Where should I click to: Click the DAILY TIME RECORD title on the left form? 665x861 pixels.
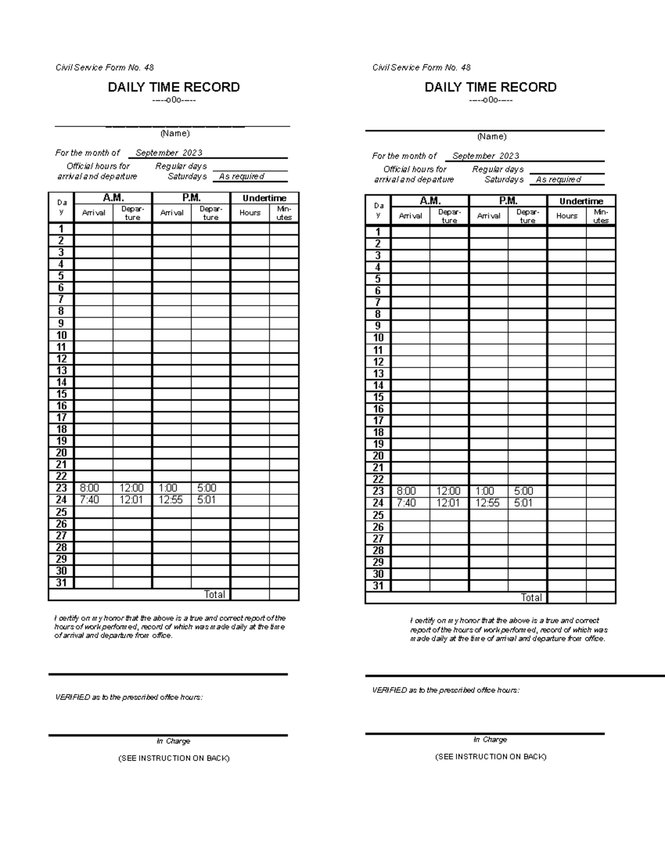click(173, 87)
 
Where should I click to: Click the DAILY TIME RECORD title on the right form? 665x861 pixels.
click(490, 87)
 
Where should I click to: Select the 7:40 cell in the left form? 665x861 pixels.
click(89, 500)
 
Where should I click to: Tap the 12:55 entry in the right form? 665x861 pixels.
click(487, 503)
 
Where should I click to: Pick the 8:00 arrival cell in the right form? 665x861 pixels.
click(406, 491)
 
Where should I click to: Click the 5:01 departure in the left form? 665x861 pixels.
click(207, 500)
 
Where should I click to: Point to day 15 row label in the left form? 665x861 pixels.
click(61, 394)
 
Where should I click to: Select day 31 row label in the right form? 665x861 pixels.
click(378, 586)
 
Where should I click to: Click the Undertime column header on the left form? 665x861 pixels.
click(264, 198)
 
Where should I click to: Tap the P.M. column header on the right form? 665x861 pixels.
click(508, 201)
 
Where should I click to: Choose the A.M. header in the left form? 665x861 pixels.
click(113, 198)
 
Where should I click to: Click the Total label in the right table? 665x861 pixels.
click(531, 598)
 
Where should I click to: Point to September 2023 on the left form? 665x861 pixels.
click(169, 153)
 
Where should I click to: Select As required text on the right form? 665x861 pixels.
click(558, 180)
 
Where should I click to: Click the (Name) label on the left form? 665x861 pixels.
click(175, 134)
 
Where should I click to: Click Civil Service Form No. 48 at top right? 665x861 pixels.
click(421, 68)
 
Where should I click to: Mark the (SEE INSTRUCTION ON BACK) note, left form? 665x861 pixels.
click(174, 758)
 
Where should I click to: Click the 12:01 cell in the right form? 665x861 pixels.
click(448, 503)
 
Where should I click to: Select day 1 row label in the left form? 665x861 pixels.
click(61, 229)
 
